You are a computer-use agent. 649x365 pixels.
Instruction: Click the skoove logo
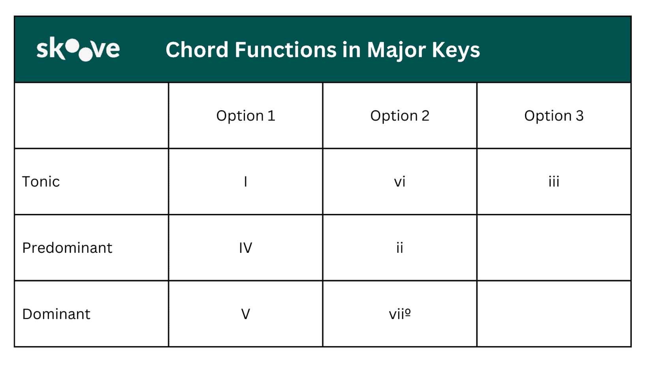pyautogui.click(x=78, y=49)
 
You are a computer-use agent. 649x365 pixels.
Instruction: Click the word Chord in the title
pyautogui.click(x=197, y=50)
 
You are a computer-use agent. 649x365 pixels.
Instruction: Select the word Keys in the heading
pyautogui.click(x=455, y=51)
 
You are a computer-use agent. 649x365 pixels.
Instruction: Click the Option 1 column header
pyautogui.click(x=245, y=116)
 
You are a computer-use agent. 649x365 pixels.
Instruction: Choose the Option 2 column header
pyautogui.click(x=399, y=116)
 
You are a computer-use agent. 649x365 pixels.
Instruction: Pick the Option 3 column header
pyautogui.click(x=553, y=116)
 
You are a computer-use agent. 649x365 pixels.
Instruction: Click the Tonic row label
pyautogui.click(x=41, y=182)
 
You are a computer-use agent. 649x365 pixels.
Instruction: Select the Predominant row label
pyautogui.click(x=67, y=248)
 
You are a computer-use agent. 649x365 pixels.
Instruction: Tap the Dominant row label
pyautogui.click(x=56, y=314)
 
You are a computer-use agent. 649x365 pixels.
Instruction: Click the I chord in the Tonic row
pyautogui.click(x=245, y=182)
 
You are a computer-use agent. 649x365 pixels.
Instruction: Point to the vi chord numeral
pyautogui.click(x=399, y=182)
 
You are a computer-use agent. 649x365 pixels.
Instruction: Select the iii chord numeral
pyautogui.click(x=553, y=182)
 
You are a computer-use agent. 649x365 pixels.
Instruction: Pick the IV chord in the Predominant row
pyautogui.click(x=245, y=248)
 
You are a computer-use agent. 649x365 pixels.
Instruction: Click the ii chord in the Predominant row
pyautogui.click(x=399, y=248)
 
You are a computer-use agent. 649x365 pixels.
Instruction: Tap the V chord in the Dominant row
pyautogui.click(x=245, y=314)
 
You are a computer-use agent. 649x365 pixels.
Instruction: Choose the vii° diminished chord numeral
pyautogui.click(x=399, y=314)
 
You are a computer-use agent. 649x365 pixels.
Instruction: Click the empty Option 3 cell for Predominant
pyautogui.click(x=553, y=248)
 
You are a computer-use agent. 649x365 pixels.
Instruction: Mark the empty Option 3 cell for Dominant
pyautogui.click(x=553, y=314)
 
